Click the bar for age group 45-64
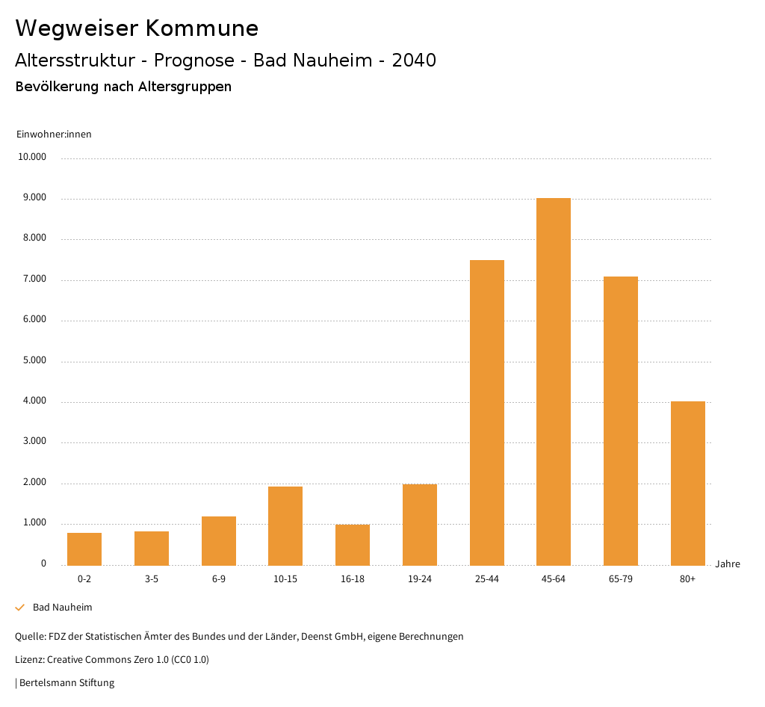[554, 381]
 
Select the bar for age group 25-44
[486, 413]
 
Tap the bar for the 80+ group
[687, 483]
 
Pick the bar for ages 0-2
[84, 549]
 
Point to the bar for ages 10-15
[285, 525]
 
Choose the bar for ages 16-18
[353, 544]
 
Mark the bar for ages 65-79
[620, 421]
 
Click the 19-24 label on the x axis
[420, 579]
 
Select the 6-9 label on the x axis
[219, 579]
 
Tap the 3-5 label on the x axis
[152, 579]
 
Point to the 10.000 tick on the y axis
[33, 157]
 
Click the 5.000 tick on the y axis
[34, 360]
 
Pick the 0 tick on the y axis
[43, 564]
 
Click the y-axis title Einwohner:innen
[54, 134]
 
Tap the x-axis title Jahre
[727, 564]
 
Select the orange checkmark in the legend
[20, 608]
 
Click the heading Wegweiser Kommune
[137, 28]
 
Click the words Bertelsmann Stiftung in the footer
[66, 682]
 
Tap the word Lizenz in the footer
[29, 659]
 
